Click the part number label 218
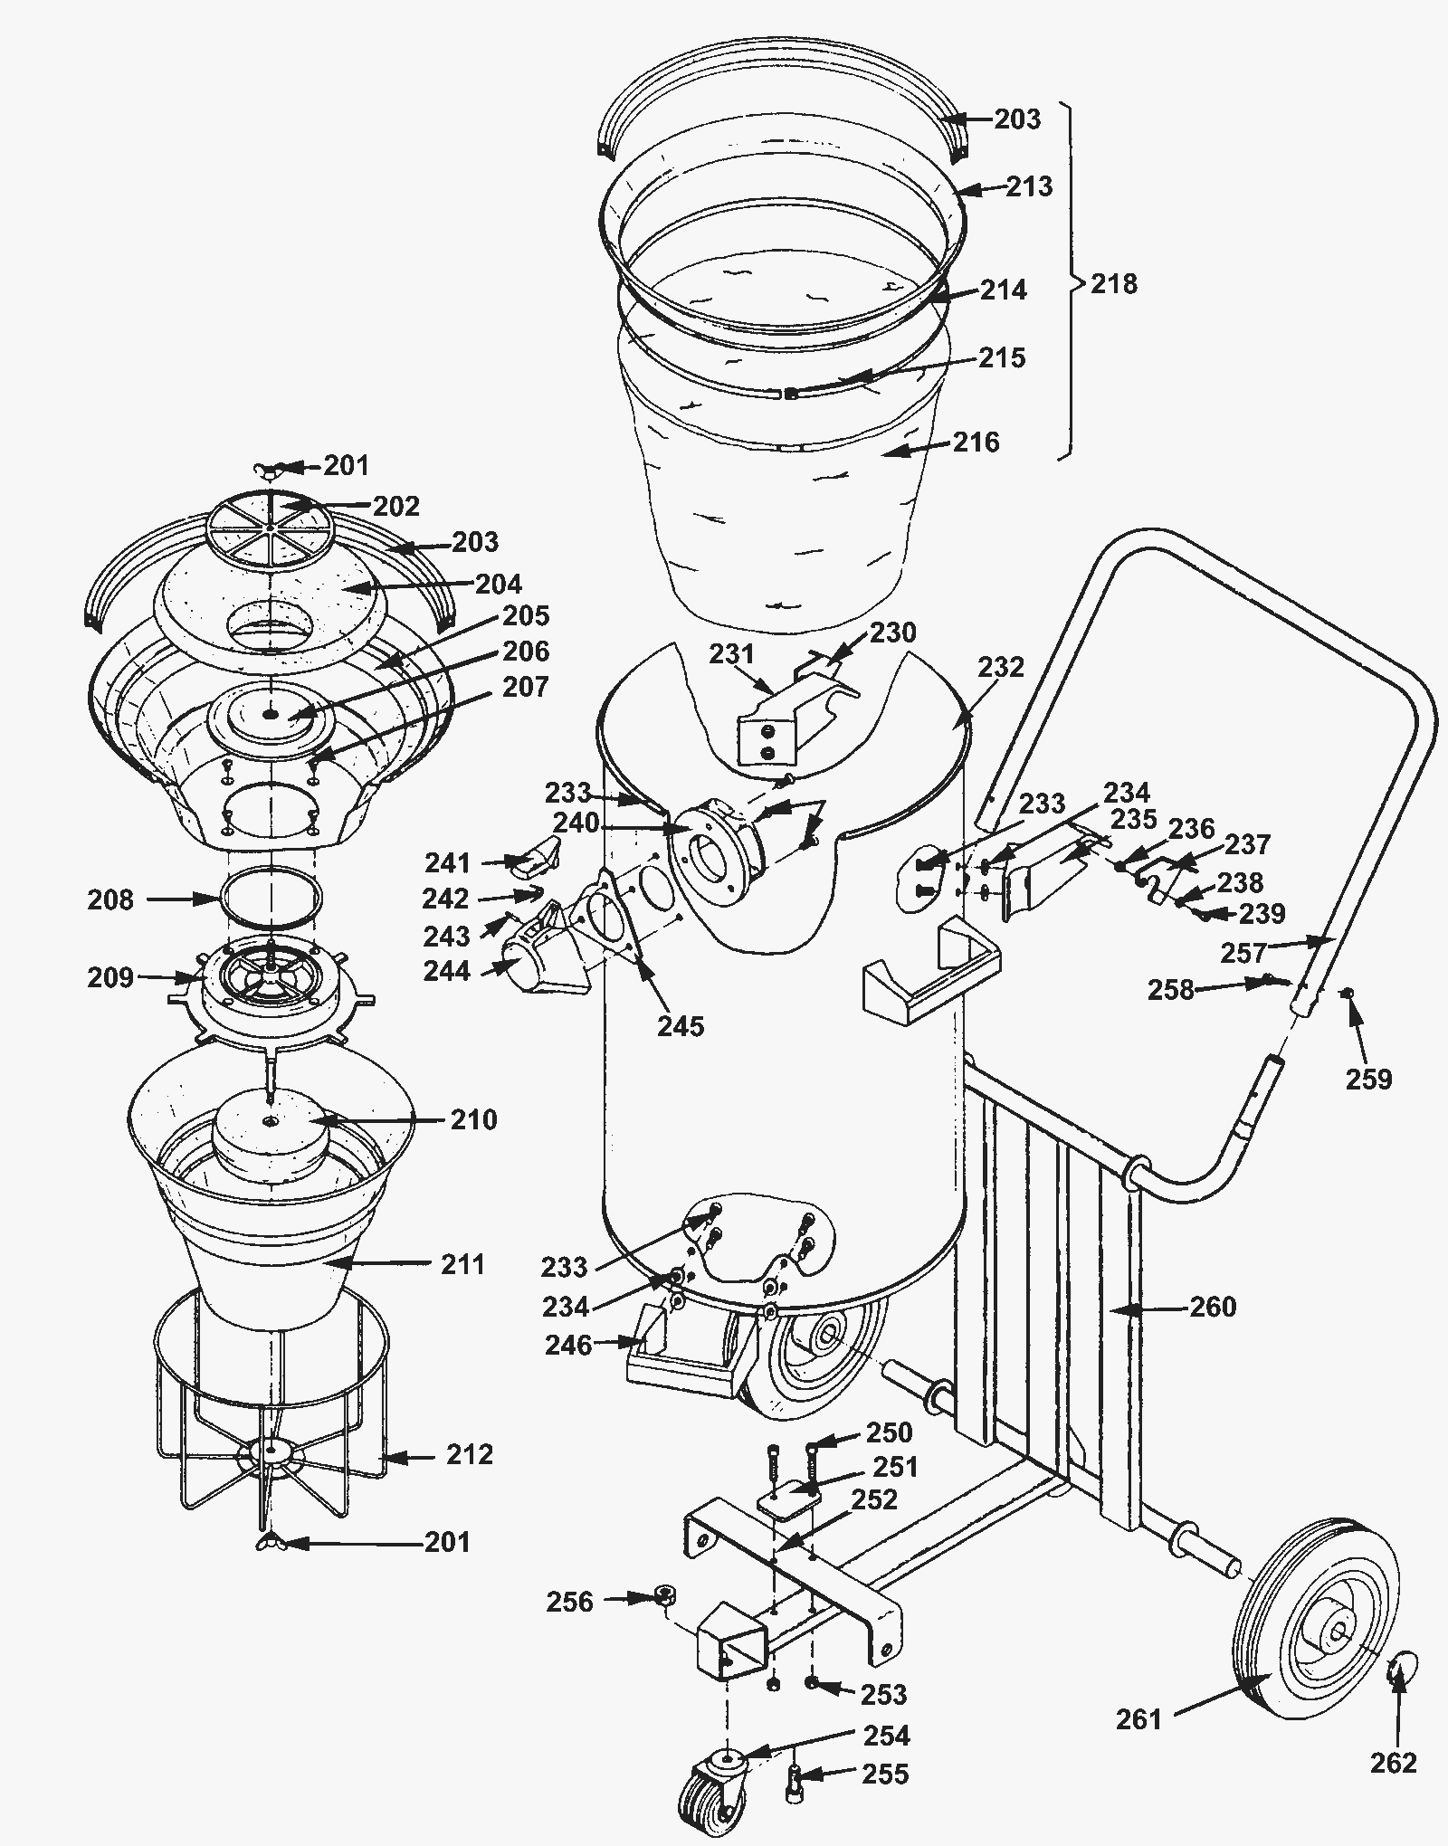pyautogui.click(x=1114, y=284)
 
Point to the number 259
pyautogui.click(x=1368, y=1079)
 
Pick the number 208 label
pyautogui.click(x=111, y=899)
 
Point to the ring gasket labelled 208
pyautogui.click(x=271, y=896)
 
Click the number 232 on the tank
pyautogui.click(x=1001, y=667)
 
